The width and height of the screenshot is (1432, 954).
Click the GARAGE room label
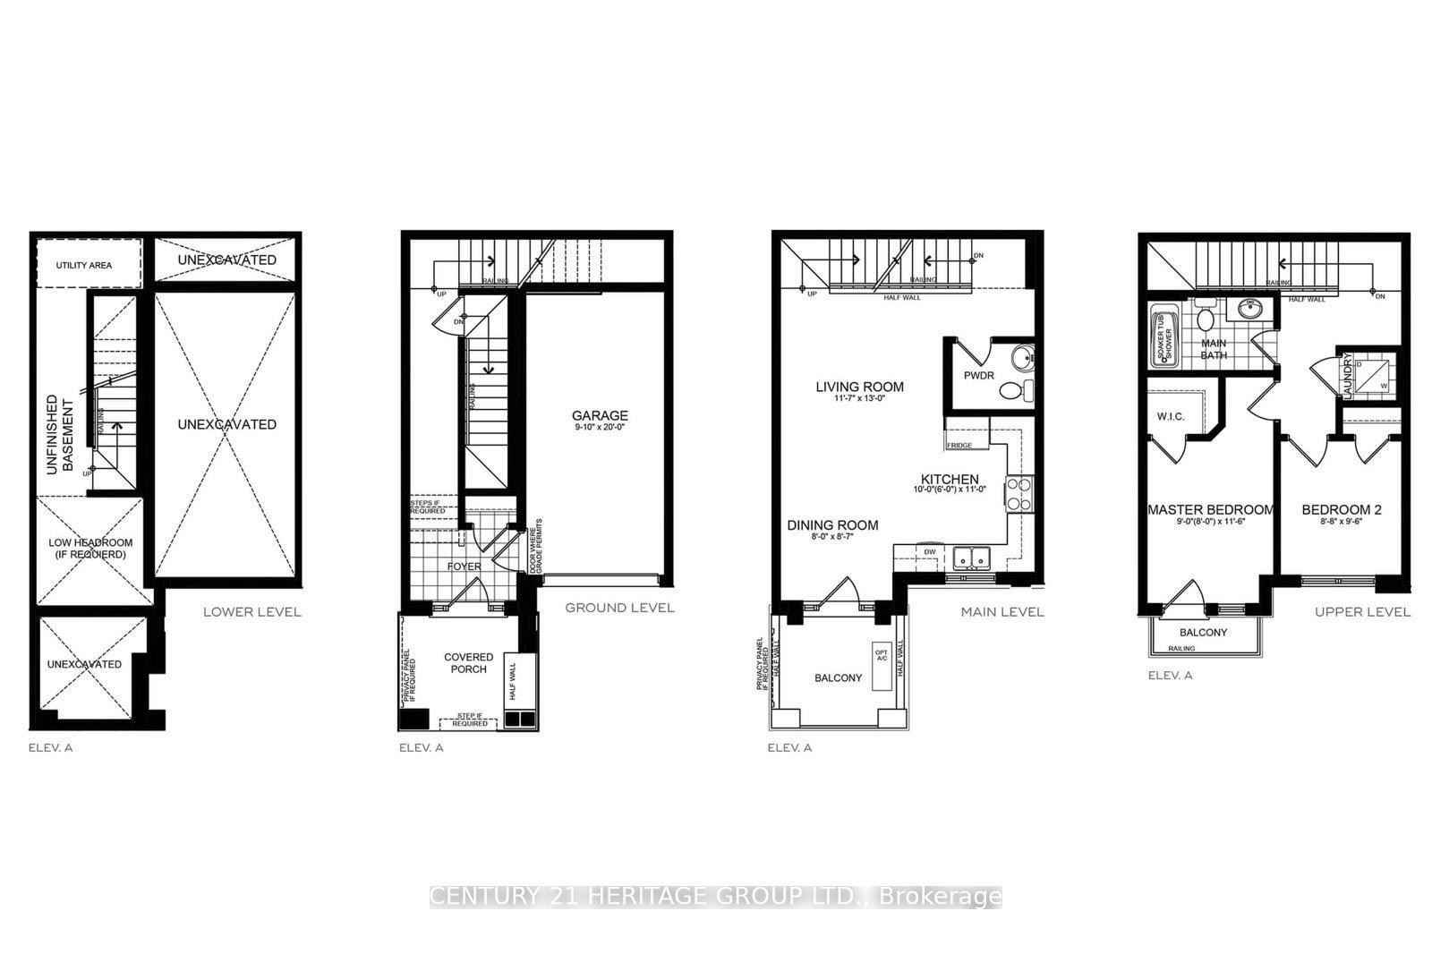coord(600,415)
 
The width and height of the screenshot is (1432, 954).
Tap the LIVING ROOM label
coord(859,388)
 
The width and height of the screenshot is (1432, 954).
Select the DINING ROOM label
coord(832,525)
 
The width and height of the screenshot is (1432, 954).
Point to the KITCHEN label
coord(950,480)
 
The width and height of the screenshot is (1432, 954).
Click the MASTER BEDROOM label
coord(1210,510)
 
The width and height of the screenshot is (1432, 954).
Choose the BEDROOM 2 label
coord(1341,510)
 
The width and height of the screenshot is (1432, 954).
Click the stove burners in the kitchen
coord(1019,493)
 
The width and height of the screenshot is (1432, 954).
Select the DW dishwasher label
coord(930,552)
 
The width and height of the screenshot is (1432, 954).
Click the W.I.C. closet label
coord(1171,416)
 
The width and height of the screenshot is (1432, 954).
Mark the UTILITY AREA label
coord(84,265)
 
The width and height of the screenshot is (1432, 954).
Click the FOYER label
coord(464,566)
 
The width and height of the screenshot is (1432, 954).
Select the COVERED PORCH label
coord(468,663)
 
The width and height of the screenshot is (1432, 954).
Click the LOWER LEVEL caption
coord(251,612)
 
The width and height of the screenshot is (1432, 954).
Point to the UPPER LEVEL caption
coord(1361,612)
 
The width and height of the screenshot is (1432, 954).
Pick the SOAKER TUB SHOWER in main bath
coord(1165,336)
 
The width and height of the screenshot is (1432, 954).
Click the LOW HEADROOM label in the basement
coord(90,548)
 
